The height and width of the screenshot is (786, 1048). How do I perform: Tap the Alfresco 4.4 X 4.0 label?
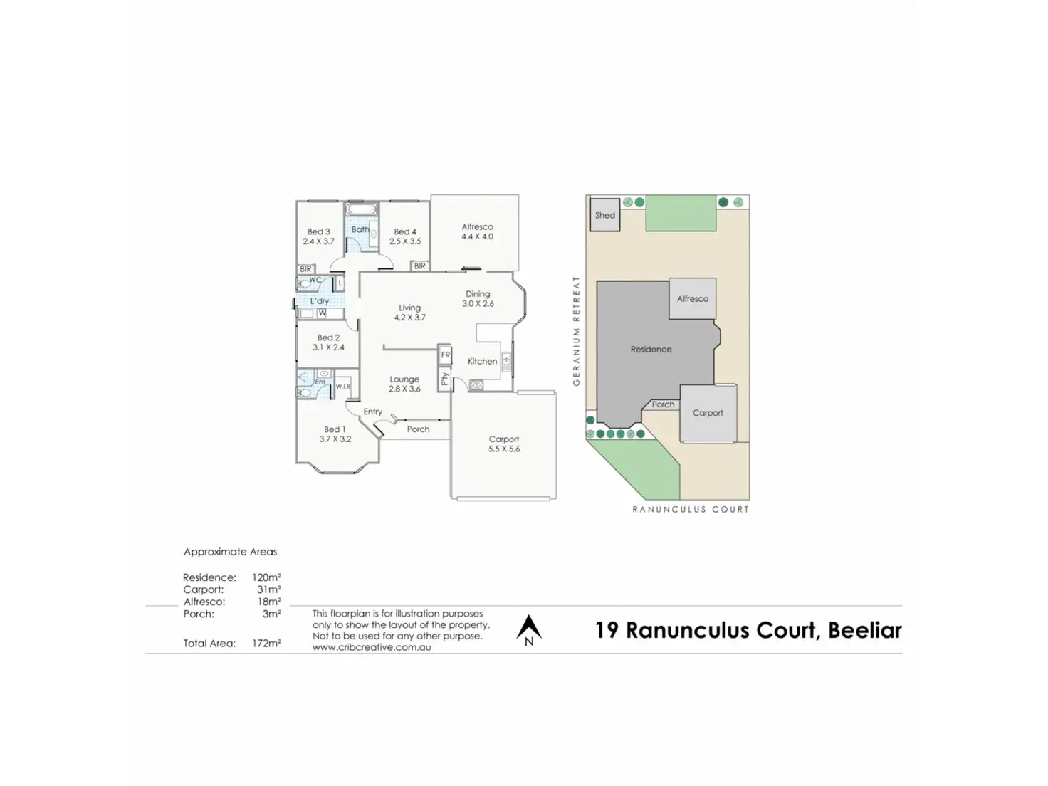[x=477, y=231]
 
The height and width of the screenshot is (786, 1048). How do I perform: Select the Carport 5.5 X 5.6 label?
[x=504, y=444]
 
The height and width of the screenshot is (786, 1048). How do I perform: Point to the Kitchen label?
[x=482, y=361]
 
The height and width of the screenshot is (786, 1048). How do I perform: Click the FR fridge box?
[x=445, y=355]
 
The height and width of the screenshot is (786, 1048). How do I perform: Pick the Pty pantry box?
[x=445, y=378]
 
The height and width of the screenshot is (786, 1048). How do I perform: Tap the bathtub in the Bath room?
[x=361, y=210]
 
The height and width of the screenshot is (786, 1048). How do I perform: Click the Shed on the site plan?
[x=604, y=215]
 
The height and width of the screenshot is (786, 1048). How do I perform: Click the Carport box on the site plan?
[x=708, y=413]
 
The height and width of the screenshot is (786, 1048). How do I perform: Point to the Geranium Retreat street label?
[x=577, y=331]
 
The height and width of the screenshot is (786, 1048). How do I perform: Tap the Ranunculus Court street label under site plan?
[x=691, y=509]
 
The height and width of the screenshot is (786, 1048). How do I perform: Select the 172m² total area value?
[x=266, y=643]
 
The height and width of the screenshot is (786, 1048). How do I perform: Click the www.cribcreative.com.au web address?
[x=372, y=647]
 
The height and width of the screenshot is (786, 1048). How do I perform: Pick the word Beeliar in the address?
[x=864, y=631]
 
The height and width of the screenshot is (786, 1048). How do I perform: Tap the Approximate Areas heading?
[x=230, y=552]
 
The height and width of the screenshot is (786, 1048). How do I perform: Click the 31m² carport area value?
[x=268, y=589]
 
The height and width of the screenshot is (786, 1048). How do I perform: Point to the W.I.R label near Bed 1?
[x=342, y=387]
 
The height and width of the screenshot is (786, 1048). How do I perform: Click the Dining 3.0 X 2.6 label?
[x=478, y=298]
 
